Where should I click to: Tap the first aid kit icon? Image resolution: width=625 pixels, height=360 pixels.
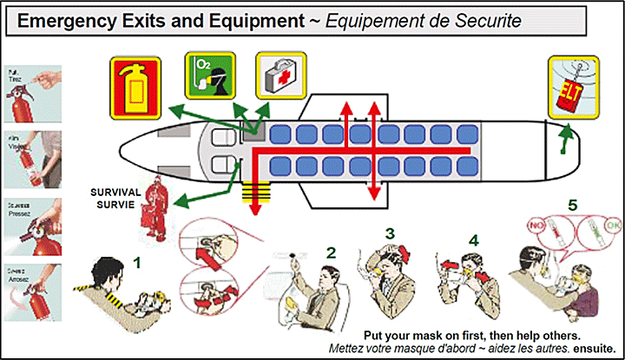pos(280,75)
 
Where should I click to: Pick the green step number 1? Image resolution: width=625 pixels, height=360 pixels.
pos(137,259)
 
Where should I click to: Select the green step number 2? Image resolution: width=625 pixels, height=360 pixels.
pos(331,254)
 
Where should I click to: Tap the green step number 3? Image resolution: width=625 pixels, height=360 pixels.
pos(391,233)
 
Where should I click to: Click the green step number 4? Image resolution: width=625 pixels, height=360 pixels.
pos(473,239)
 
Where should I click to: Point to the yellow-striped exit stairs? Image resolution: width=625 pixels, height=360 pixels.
pos(255,190)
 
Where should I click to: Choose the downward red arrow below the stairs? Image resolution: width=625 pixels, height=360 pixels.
pos(256,210)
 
